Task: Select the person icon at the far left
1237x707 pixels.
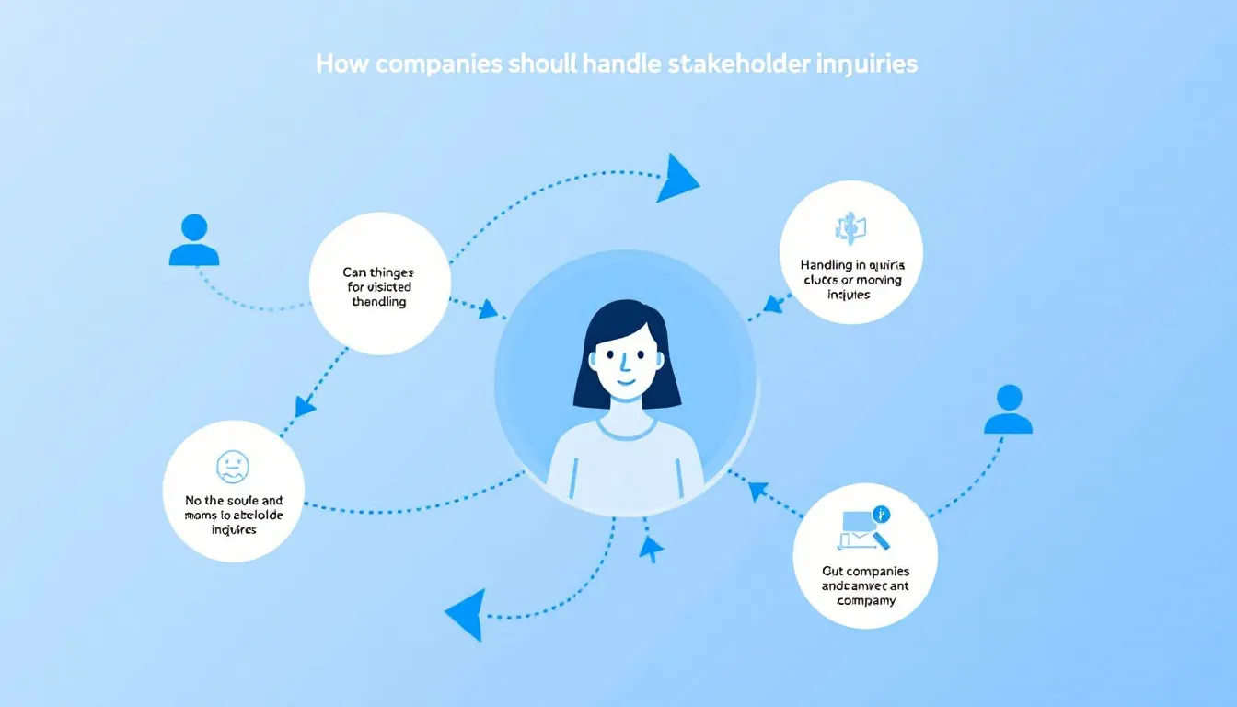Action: click(194, 240)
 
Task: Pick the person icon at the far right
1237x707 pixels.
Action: click(1008, 410)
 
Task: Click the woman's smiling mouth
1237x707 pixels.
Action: click(625, 379)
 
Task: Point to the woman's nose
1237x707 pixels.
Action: click(623, 362)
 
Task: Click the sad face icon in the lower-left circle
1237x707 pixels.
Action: click(232, 467)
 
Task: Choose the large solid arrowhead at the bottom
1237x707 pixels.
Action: click(467, 613)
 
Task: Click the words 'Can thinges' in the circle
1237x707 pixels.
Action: click(378, 272)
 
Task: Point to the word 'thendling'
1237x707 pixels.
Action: click(378, 302)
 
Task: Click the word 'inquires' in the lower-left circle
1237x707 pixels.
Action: click(234, 530)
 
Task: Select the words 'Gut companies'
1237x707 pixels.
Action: click(865, 572)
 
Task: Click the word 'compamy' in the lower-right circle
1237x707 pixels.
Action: click(866, 601)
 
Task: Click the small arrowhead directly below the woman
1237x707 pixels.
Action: click(651, 549)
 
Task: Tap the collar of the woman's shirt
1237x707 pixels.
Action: click(627, 429)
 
